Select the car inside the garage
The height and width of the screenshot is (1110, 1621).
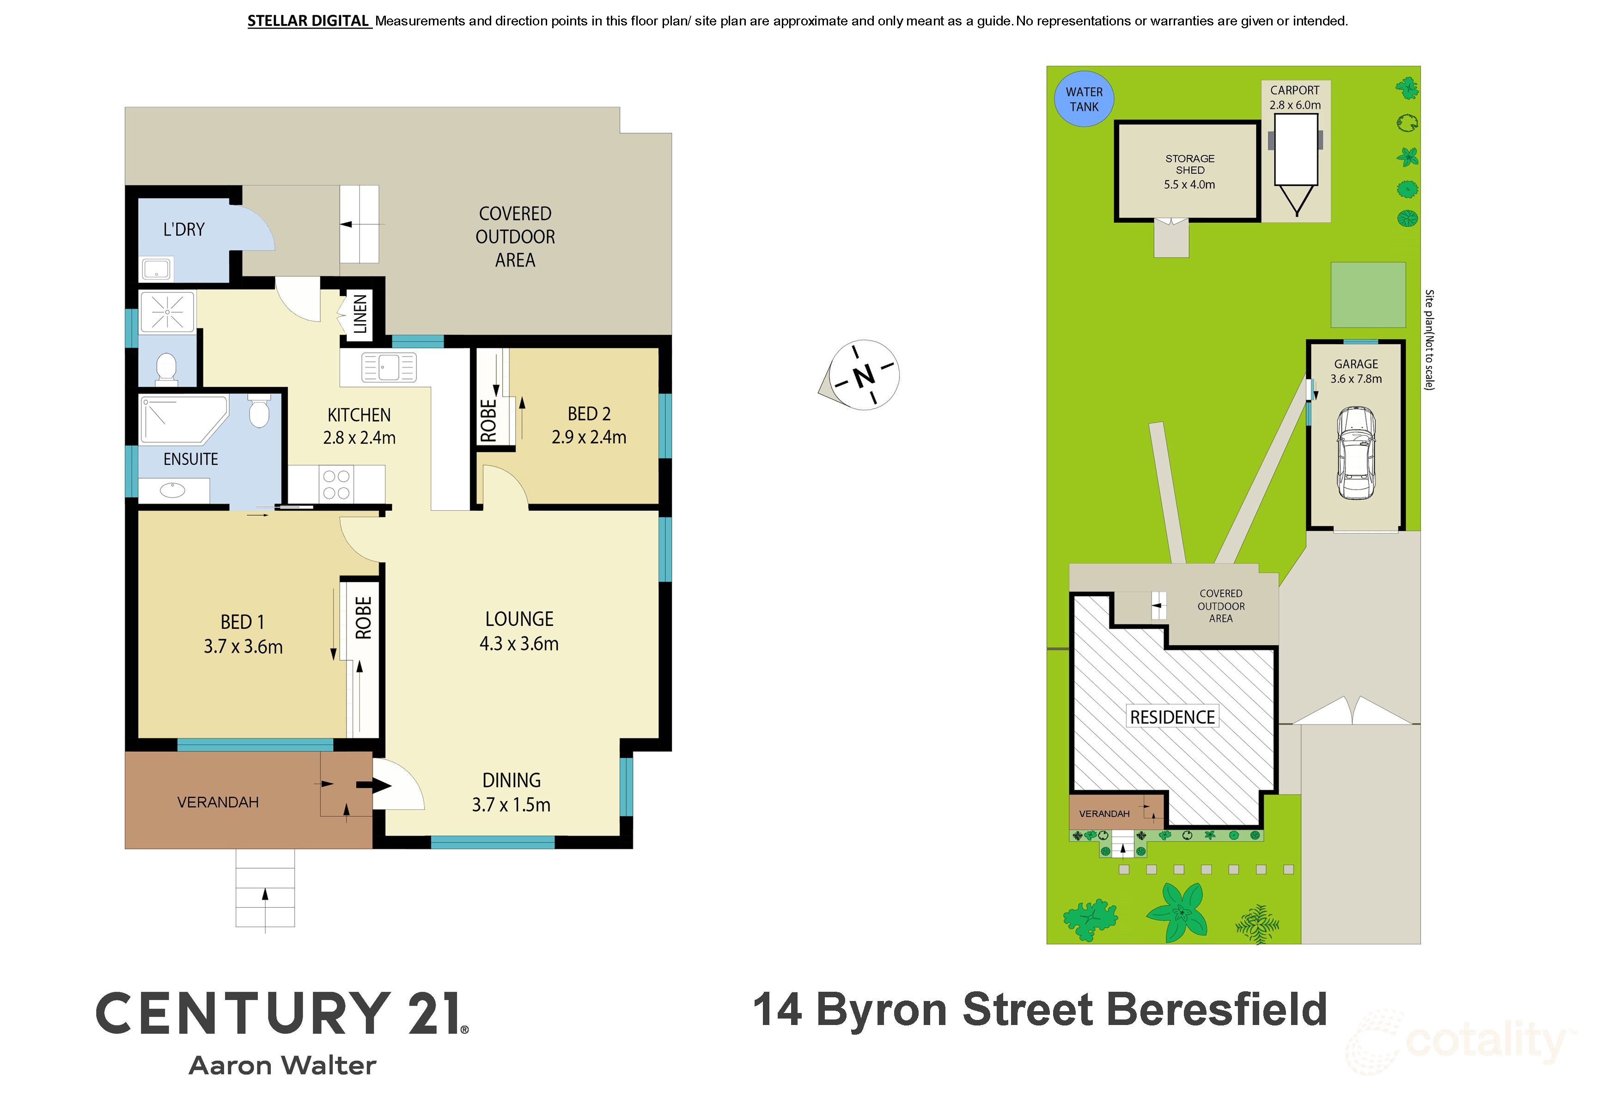tap(1356, 453)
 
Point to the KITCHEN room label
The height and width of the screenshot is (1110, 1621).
tap(359, 415)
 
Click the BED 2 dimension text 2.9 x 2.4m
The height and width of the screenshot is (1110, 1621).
tap(589, 437)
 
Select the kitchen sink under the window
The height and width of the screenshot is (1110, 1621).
tap(389, 367)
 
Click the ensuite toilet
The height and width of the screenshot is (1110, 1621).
tap(259, 411)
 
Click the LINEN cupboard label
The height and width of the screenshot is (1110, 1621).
tap(360, 314)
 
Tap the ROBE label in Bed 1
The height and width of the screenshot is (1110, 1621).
tap(363, 618)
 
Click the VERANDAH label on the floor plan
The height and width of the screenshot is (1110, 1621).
tap(218, 802)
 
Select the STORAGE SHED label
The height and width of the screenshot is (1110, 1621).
tap(1189, 164)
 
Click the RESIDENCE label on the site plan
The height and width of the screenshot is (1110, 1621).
tap(1172, 717)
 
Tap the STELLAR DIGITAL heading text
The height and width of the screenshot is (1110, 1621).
tap(308, 21)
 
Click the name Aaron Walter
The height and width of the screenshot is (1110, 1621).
tap(282, 1065)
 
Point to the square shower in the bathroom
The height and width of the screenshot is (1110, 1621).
tap(167, 312)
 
